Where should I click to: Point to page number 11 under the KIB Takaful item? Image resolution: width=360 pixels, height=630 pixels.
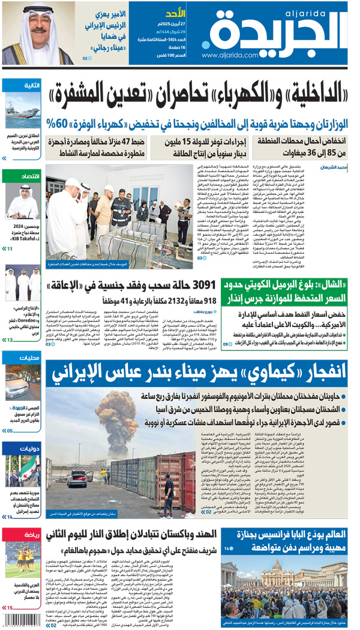click(x=10, y=248)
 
